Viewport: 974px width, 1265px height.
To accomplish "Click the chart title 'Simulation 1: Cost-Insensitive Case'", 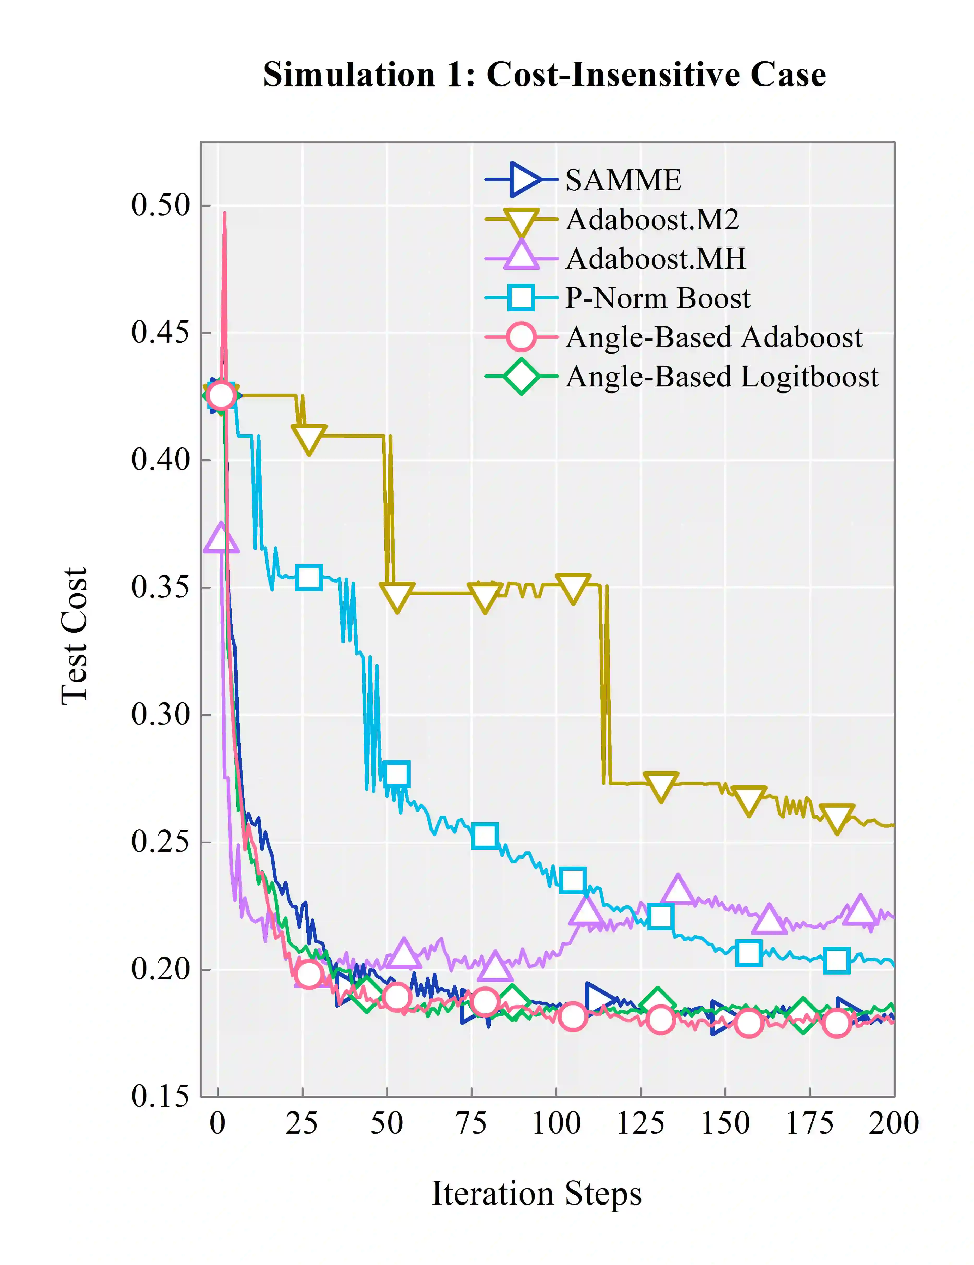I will click(x=544, y=75).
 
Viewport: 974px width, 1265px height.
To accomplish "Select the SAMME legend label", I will click(x=623, y=180).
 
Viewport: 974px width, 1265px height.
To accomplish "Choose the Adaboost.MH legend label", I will click(x=656, y=259).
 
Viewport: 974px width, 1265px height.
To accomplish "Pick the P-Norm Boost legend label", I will click(x=658, y=298).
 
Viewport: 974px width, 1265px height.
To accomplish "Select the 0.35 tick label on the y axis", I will click(x=160, y=587).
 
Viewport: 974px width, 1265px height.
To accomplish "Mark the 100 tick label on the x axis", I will click(x=556, y=1124).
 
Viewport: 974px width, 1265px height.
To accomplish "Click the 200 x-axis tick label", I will click(x=893, y=1124).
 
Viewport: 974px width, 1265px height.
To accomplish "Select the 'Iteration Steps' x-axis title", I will click(x=537, y=1194).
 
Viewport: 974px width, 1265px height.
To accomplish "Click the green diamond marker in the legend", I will click(x=521, y=377).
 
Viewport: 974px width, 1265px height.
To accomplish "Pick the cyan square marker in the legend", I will click(x=521, y=298).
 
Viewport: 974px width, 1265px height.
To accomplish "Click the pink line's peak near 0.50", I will click(x=225, y=214).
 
